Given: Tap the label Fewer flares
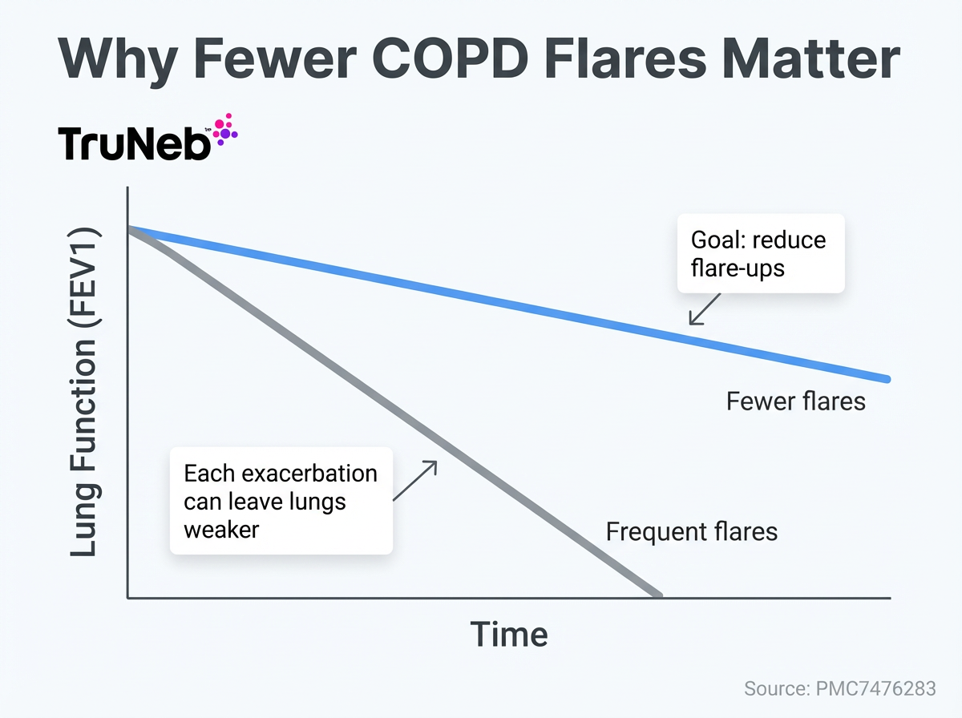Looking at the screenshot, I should point(795,400).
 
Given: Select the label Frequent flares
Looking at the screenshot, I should point(691,530).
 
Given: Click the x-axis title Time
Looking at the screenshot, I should point(509,634).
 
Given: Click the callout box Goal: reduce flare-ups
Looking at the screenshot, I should point(760,253).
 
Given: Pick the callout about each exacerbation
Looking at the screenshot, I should point(281,501).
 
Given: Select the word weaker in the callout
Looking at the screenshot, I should point(221,530).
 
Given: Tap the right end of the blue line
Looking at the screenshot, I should point(887,378).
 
